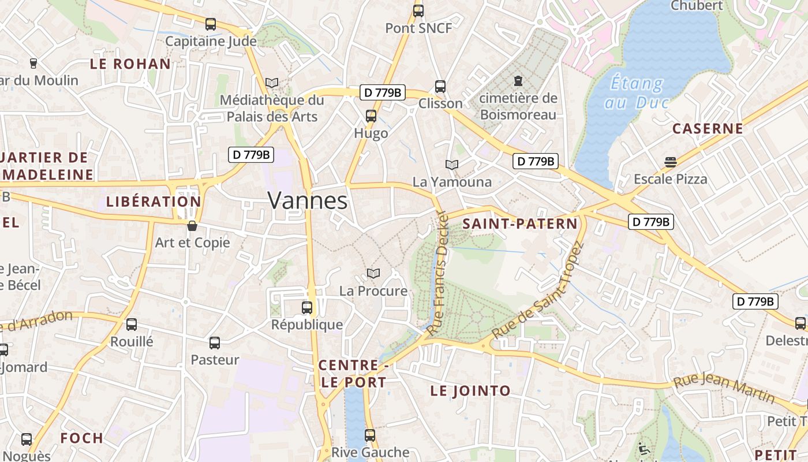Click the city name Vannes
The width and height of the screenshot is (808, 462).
coord(308,200)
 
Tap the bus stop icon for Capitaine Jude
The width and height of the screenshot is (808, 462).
coord(211,24)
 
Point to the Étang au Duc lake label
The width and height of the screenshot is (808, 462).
coord(637,93)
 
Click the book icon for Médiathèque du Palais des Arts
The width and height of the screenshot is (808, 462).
coord(272,83)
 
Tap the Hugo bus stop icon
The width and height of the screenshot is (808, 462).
coord(371,116)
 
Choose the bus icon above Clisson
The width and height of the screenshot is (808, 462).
coord(440,87)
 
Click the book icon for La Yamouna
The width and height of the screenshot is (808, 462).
coord(452,165)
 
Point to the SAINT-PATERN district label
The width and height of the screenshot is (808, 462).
coord(520,223)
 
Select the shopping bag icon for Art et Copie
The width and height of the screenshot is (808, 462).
coord(192,225)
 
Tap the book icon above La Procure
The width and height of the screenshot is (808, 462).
coord(373,273)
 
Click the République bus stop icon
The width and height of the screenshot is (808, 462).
coord(307,307)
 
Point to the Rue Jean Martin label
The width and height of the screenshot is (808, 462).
coord(724,388)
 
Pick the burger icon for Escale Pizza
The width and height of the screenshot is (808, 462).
coord(670,162)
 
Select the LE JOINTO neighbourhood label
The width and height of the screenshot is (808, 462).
coord(470,391)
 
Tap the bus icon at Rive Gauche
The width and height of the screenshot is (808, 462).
coord(370,435)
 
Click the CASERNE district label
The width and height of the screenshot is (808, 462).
coord(708,128)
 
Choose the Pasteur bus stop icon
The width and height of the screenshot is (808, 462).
coord(215,343)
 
